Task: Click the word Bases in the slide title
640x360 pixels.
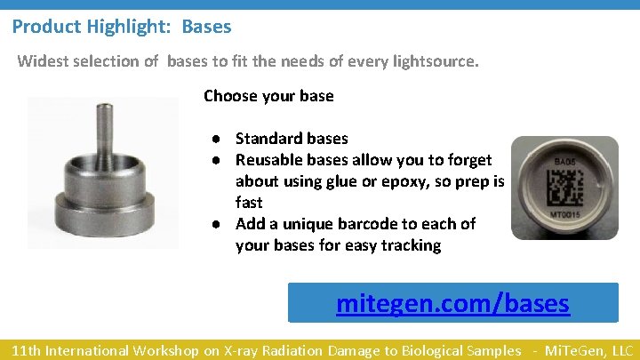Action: pyautogui.click(x=206, y=27)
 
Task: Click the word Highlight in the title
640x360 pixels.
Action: pyautogui.click(x=132, y=27)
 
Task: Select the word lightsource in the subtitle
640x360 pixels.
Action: pyautogui.click(x=434, y=62)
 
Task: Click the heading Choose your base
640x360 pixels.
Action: pyautogui.click(x=268, y=95)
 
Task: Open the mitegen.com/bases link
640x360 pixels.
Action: pyautogui.click(x=452, y=304)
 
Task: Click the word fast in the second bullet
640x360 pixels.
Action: pyautogui.click(x=250, y=203)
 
